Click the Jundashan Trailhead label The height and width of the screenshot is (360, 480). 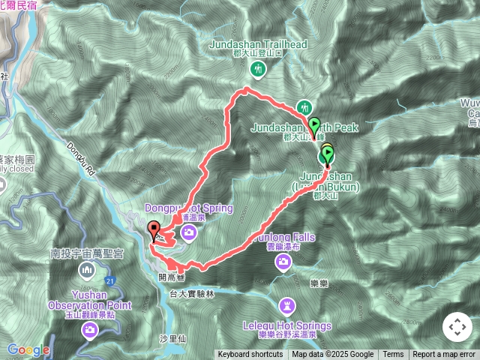tap(258, 44)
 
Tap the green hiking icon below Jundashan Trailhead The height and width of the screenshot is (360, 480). tap(258, 70)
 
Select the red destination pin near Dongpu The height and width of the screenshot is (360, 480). tap(154, 230)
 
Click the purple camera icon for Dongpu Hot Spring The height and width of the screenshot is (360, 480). tap(190, 233)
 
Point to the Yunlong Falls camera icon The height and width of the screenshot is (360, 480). tap(283, 260)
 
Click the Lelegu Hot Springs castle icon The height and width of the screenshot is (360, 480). tap(287, 306)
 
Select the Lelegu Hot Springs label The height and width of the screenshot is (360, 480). tap(287, 326)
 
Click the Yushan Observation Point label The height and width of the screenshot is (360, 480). tap(89, 300)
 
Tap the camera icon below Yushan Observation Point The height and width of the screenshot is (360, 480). tap(90, 328)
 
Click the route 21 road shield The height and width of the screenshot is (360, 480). tap(110, 280)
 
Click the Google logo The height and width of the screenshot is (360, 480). tap(28, 349)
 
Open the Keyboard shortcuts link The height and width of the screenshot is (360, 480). tap(251, 355)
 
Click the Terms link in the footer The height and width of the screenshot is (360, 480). tap(393, 355)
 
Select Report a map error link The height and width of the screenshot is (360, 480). tap(445, 355)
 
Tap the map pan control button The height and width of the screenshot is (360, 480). tap(457, 327)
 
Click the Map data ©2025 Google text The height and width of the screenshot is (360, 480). tap(332, 355)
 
